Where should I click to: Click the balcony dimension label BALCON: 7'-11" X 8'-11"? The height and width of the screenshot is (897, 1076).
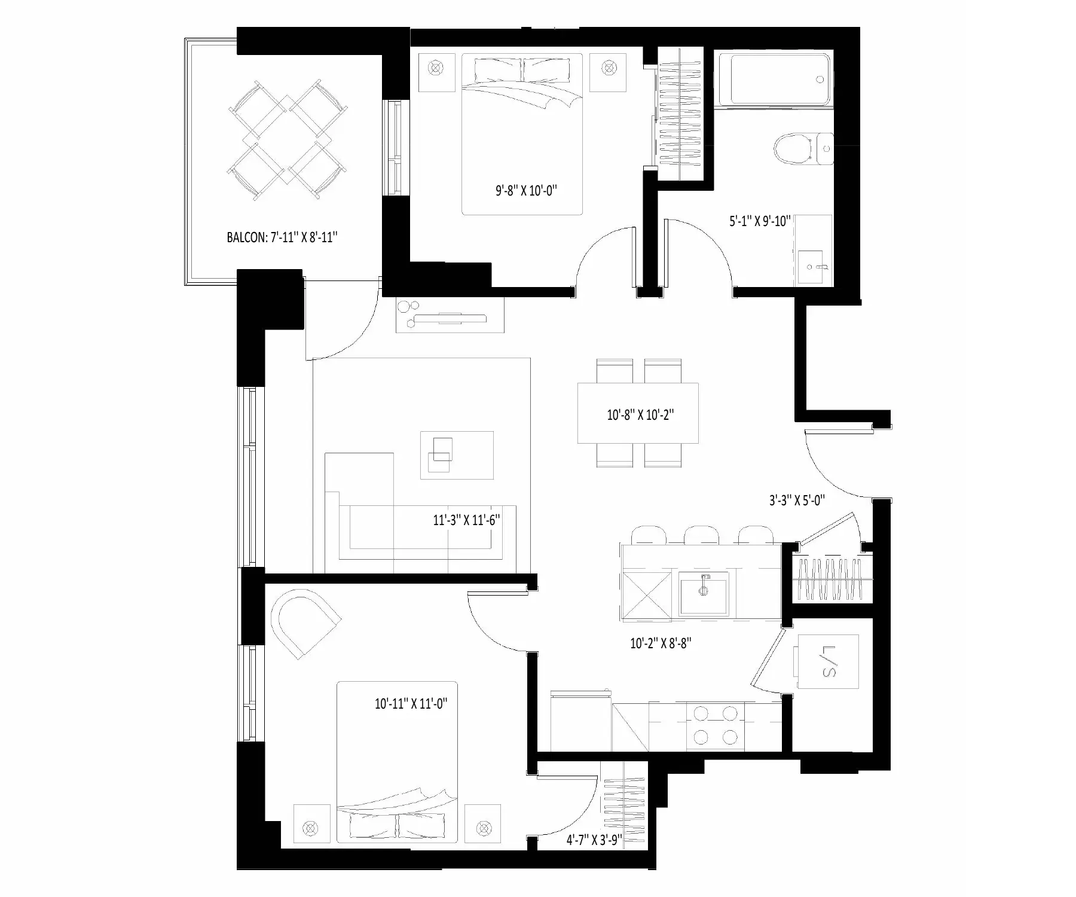[x=282, y=237]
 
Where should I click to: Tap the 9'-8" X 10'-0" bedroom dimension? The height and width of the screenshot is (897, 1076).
[x=527, y=191]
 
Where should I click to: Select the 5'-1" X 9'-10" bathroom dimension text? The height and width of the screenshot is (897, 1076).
[x=760, y=221]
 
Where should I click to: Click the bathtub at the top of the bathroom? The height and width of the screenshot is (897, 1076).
[x=774, y=80]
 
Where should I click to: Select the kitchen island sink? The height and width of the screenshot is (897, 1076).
[x=704, y=593]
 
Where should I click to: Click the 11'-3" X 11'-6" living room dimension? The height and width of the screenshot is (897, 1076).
[x=466, y=520]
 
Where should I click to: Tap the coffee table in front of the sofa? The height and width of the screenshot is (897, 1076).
[x=457, y=455]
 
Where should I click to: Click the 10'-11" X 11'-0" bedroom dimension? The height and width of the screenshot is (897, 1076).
[x=411, y=704]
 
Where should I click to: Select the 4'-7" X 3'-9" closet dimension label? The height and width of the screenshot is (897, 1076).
[x=594, y=840]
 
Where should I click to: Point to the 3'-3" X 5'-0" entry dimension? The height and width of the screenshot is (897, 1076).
[x=797, y=500]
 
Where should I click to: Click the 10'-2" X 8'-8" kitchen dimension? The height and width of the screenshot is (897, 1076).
[x=661, y=643]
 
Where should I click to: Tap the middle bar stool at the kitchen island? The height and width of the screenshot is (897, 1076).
[x=702, y=535]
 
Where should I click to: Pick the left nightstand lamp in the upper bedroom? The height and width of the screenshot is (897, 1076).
[x=436, y=68]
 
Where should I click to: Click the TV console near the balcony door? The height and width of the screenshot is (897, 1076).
[x=450, y=315]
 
